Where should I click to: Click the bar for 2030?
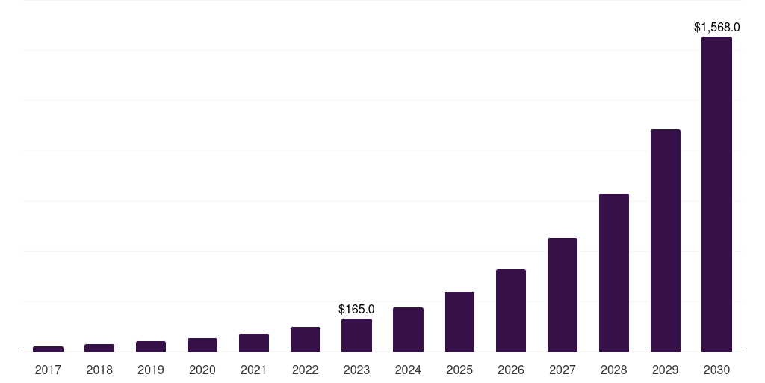tap(716, 194)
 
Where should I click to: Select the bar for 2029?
tap(665, 240)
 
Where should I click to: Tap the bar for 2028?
tap(613, 272)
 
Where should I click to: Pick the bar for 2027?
tap(562, 295)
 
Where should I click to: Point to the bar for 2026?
tap(511, 310)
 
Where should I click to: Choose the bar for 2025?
tap(459, 322)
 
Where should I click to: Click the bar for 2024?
tap(408, 329)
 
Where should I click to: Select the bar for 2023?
tap(356, 335)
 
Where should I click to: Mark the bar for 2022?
tap(305, 339)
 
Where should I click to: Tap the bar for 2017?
tap(48, 349)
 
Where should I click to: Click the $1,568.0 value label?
tap(716, 28)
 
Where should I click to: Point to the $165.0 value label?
tap(356, 309)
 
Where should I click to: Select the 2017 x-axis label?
tap(48, 370)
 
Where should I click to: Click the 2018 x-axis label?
tap(99, 370)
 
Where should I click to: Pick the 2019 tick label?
tap(151, 370)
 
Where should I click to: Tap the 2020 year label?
tap(202, 370)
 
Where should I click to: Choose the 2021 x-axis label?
tap(254, 370)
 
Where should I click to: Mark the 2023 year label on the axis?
tap(356, 370)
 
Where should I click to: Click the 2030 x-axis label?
tap(716, 370)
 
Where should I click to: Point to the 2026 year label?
tap(511, 370)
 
